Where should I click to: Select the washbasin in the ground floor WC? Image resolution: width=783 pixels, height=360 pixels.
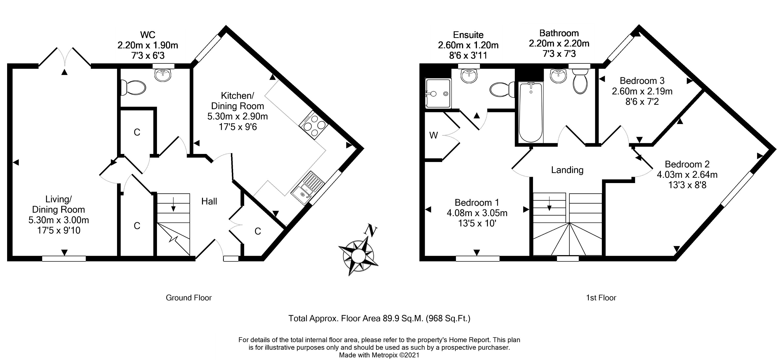(163, 75)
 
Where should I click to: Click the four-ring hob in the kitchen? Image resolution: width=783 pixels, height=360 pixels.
(314, 125)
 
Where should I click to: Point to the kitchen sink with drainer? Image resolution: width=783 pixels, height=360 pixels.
(308, 188)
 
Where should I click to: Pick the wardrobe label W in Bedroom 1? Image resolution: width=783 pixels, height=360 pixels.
(433, 136)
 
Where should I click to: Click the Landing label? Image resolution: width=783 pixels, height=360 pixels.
(567, 170)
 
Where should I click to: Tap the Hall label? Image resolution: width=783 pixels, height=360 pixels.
(209, 201)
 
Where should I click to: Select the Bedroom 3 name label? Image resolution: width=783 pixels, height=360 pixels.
(642, 81)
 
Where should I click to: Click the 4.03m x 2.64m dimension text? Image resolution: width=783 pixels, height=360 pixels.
(687, 175)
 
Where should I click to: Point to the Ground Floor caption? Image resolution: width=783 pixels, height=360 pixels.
(189, 298)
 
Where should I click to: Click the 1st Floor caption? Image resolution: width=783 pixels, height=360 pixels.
(601, 298)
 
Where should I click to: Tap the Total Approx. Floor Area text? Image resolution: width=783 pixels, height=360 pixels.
(379, 318)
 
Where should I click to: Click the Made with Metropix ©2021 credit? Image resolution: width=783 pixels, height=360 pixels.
(379, 355)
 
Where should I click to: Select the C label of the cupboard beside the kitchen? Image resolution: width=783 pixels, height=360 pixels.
(258, 232)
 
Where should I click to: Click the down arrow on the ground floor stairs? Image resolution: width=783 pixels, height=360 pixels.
(173, 204)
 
